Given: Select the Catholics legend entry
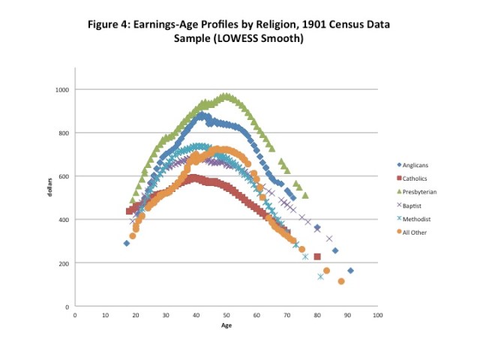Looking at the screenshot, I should point(418,178).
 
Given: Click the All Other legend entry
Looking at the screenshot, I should point(417,232).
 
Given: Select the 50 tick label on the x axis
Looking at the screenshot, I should point(226,316).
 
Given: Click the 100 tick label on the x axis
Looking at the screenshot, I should point(377,316).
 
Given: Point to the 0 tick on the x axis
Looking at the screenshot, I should point(75,316).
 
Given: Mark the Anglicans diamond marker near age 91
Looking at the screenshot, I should point(350,271).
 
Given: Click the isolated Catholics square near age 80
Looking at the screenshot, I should point(317,256).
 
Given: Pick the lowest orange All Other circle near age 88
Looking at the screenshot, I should point(341,281).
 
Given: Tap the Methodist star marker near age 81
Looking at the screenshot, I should point(321,277).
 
